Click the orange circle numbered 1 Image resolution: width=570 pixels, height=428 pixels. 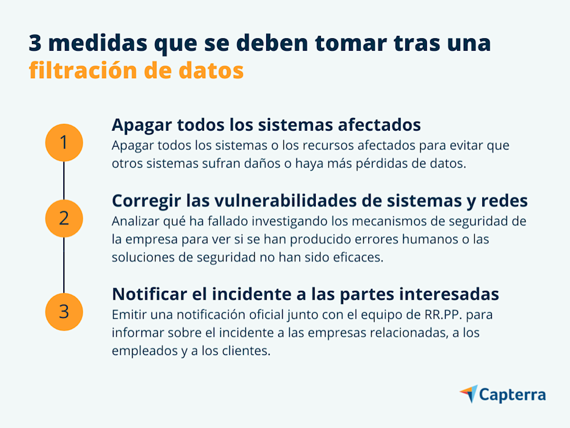coord(64,142)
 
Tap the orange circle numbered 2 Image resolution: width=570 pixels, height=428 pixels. coord(64,217)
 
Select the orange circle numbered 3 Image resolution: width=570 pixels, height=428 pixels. coord(64,312)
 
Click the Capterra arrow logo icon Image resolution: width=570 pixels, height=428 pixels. coord(469,394)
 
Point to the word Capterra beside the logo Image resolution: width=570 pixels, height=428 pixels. coord(512,394)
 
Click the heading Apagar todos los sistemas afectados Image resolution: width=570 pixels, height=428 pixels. coord(266,124)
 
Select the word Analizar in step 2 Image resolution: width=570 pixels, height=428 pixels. coord(132,221)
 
